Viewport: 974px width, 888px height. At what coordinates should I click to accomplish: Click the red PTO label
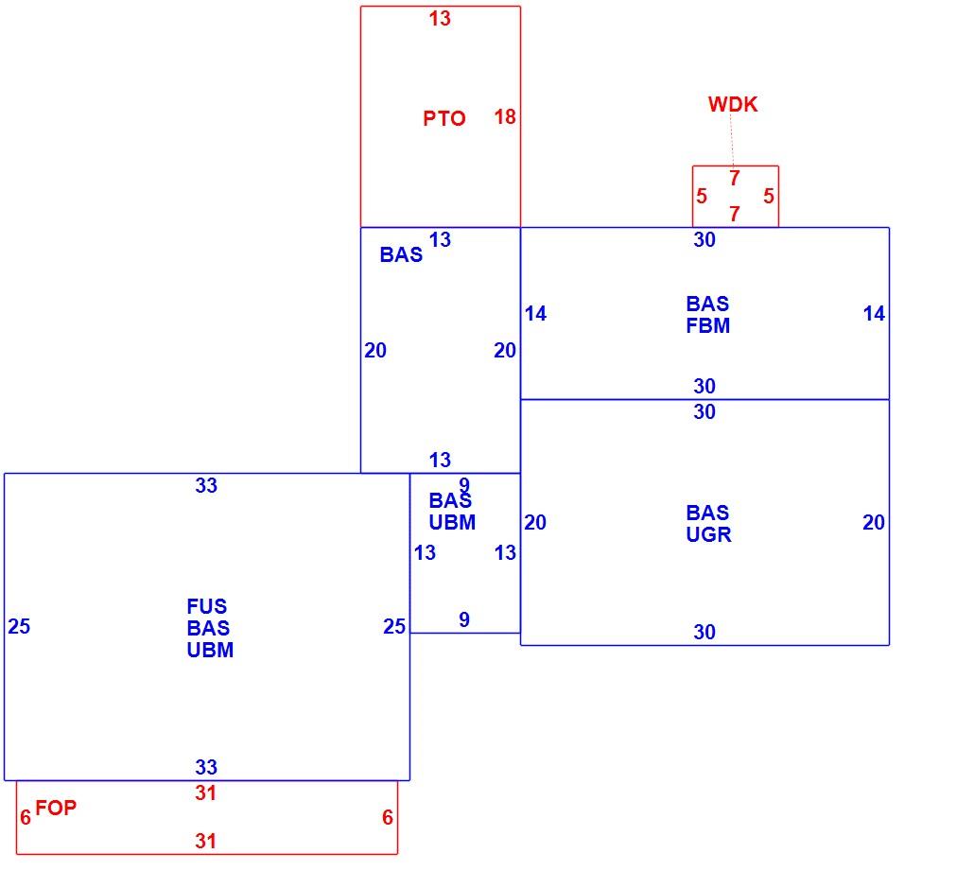point(444,118)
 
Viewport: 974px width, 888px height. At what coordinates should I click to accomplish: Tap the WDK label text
point(732,104)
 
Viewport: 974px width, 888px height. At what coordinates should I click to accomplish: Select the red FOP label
point(56,808)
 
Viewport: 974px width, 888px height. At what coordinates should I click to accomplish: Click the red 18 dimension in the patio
point(505,116)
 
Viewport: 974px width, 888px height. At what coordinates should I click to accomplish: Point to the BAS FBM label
point(707,314)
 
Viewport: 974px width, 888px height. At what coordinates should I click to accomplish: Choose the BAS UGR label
point(708,523)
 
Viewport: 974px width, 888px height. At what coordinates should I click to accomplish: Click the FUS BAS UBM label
point(210,628)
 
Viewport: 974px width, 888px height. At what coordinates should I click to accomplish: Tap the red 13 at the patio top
point(440,19)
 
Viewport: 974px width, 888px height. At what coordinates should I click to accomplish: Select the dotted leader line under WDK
point(732,141)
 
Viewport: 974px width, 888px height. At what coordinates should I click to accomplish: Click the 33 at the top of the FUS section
point(206,485)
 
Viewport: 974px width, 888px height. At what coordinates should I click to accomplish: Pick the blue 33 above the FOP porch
point(206,767)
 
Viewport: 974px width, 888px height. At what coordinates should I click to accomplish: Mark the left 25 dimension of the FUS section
point(19,626)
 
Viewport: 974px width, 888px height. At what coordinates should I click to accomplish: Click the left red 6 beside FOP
point(26,817)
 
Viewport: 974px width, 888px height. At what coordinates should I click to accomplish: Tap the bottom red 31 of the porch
point(205,841)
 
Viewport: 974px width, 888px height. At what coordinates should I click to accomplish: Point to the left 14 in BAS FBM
point(535,313)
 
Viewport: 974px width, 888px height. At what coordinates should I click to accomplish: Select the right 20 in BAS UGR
point(874,522)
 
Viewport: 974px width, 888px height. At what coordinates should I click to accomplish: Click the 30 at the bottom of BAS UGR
point(704,632)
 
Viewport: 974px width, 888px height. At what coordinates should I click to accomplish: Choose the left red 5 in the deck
point(702,197)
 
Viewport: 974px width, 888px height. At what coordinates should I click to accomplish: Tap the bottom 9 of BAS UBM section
point(464,619)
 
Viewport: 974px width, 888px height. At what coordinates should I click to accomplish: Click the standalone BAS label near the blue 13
point(401,254)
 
